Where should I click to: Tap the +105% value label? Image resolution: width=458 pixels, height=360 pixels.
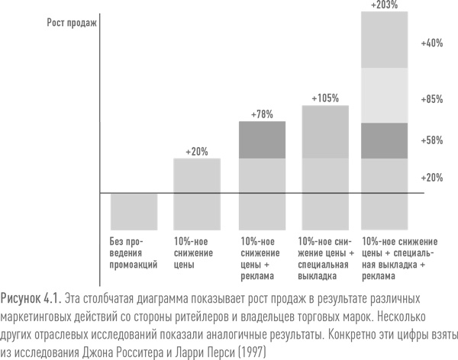pos(325,98)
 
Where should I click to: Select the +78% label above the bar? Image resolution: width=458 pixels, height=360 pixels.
pos(262,114)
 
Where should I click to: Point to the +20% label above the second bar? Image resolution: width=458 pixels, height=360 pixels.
pos(196,151)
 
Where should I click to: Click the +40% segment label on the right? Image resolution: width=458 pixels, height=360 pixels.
pos(431,43)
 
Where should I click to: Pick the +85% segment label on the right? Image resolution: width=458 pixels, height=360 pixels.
pos(431,100)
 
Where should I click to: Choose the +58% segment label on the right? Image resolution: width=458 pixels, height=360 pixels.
pos(431,140)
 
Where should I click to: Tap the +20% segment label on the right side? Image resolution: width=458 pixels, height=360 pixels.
pos(431,177)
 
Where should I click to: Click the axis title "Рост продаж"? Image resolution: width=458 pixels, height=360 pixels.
pos(67,23)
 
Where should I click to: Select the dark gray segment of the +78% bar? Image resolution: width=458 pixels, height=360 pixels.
pos(262,140)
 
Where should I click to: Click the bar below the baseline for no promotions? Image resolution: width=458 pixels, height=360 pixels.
pos(134,215)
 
